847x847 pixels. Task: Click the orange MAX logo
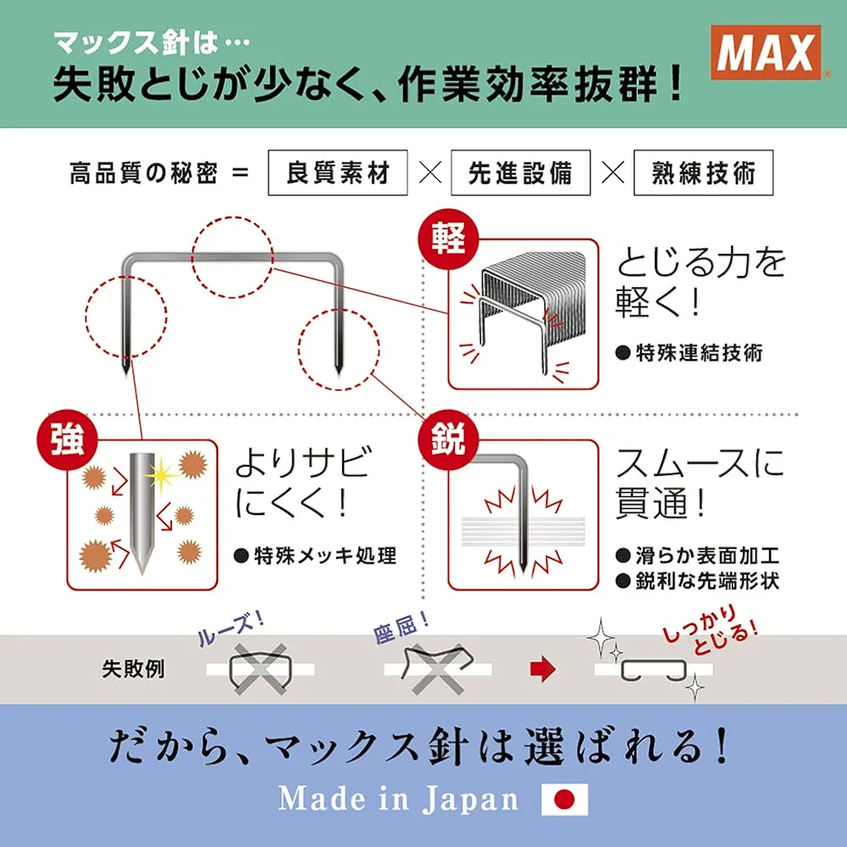point(765,54)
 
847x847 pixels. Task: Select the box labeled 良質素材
point(338,173)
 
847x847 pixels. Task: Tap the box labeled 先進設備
point(520,173)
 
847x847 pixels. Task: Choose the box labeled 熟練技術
point(703,173)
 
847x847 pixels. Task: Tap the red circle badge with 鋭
point(449,441)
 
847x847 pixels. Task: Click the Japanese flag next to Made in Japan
point(564,799)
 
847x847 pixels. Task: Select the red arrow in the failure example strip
point(540,669)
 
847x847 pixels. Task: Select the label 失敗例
point(133,669)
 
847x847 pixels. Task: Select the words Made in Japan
point(398,799)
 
